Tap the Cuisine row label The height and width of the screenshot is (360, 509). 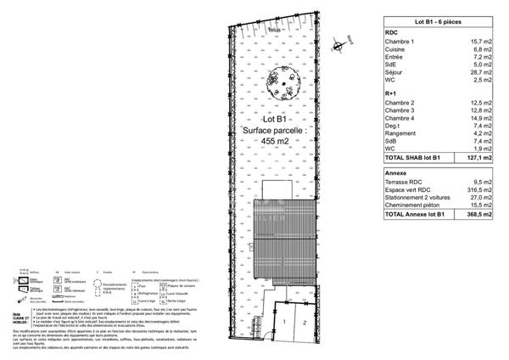(396, 49)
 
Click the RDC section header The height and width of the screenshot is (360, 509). (392, 31)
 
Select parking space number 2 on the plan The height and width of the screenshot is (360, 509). (302, 323)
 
